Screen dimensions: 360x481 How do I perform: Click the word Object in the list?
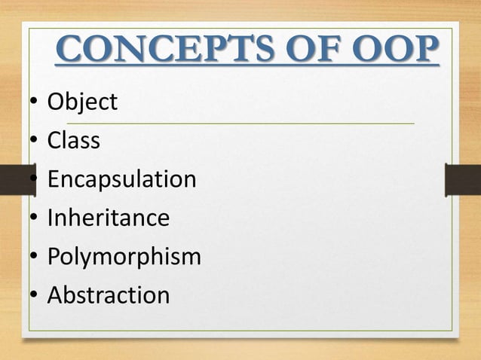[82, 102]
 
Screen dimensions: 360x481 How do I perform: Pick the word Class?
[73, 140]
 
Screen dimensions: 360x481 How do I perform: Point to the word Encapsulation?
[121, 179]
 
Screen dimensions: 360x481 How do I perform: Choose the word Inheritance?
[108, 218]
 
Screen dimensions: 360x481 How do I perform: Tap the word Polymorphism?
[124, 257]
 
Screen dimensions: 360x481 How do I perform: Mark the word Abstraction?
[108, 295]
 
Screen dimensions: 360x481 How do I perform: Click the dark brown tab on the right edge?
[463, 180]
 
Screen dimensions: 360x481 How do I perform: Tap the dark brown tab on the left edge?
[17, 180]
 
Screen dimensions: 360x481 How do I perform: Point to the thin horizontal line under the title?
[241, 123]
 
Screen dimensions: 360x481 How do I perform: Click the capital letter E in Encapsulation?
[54, 179]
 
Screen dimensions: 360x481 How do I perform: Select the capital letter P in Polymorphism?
[54, 257]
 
